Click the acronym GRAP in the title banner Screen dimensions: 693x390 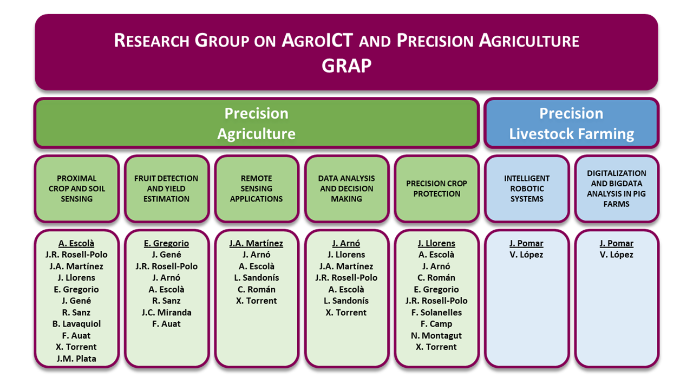click(x=346, y=66)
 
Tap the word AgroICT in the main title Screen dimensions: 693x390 click(x=317, y=40)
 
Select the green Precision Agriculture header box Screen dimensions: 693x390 click(x=257, y=123)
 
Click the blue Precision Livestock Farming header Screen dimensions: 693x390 click(x=571, y=123)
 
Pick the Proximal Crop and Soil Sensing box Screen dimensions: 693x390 click(x=77, y=188)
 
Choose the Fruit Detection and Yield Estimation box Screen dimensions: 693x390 click(x=166, y=188)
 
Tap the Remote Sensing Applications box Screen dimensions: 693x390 click(x=257, y=188)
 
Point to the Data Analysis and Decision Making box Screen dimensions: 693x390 click(x=346, y=188)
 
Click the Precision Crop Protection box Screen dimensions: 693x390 click(x=436, y=188)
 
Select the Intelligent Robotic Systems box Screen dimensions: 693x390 click(x=527, y=188)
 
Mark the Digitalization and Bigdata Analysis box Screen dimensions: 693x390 click(x=617, y=188)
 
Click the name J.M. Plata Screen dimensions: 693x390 click(x=76, y=359)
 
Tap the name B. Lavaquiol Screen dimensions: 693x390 click(x=76, y=324)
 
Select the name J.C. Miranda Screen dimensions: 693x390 click(x=166, y=313)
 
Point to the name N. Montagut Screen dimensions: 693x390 click(x=436, y=335)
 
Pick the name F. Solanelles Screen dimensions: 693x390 click(x=436, y=313)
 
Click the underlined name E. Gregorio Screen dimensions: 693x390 click(x=166, y=243)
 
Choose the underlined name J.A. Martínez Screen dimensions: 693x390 click(x=256, y=243)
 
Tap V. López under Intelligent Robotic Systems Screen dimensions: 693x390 click(x=526, y=255)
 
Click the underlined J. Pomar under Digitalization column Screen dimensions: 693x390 click(x=616, y=243)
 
